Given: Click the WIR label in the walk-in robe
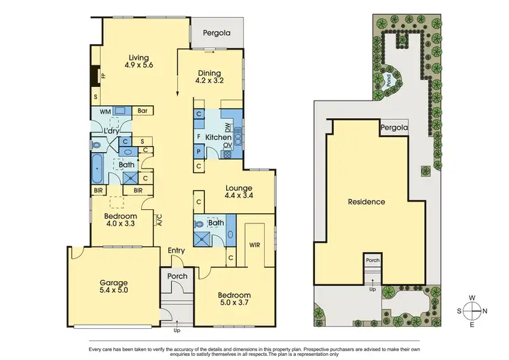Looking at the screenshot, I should (255, 244).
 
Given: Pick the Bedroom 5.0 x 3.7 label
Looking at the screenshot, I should (234, 300).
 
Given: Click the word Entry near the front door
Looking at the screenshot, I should (176, 251).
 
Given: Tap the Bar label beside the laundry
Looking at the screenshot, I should (143, 110).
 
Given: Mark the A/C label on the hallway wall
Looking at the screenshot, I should (159, 220).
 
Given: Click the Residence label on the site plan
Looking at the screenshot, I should (366, 202).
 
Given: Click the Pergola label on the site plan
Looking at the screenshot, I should (394, 127).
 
